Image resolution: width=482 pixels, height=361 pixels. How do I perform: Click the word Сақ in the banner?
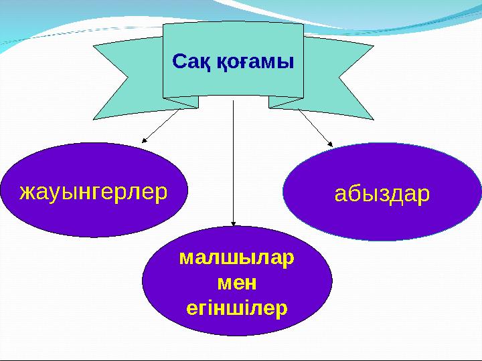(191, 62)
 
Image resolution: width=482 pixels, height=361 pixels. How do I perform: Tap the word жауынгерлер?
(93, 193)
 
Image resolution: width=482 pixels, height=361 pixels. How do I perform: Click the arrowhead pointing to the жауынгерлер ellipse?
(144, 141)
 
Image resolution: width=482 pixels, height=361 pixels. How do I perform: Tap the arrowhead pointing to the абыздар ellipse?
(329, 142)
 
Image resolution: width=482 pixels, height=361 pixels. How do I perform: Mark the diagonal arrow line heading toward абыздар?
(313, 126)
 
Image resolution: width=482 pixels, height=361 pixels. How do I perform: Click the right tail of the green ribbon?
(341, 77)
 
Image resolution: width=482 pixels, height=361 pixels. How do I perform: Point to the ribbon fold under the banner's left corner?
(181, 102)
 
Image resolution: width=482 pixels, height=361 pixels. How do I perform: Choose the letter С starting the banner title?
(179, 62)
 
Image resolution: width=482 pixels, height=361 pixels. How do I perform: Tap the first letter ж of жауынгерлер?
(26, 193)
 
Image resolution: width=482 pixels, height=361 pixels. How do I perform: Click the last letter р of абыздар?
(424, 195)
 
